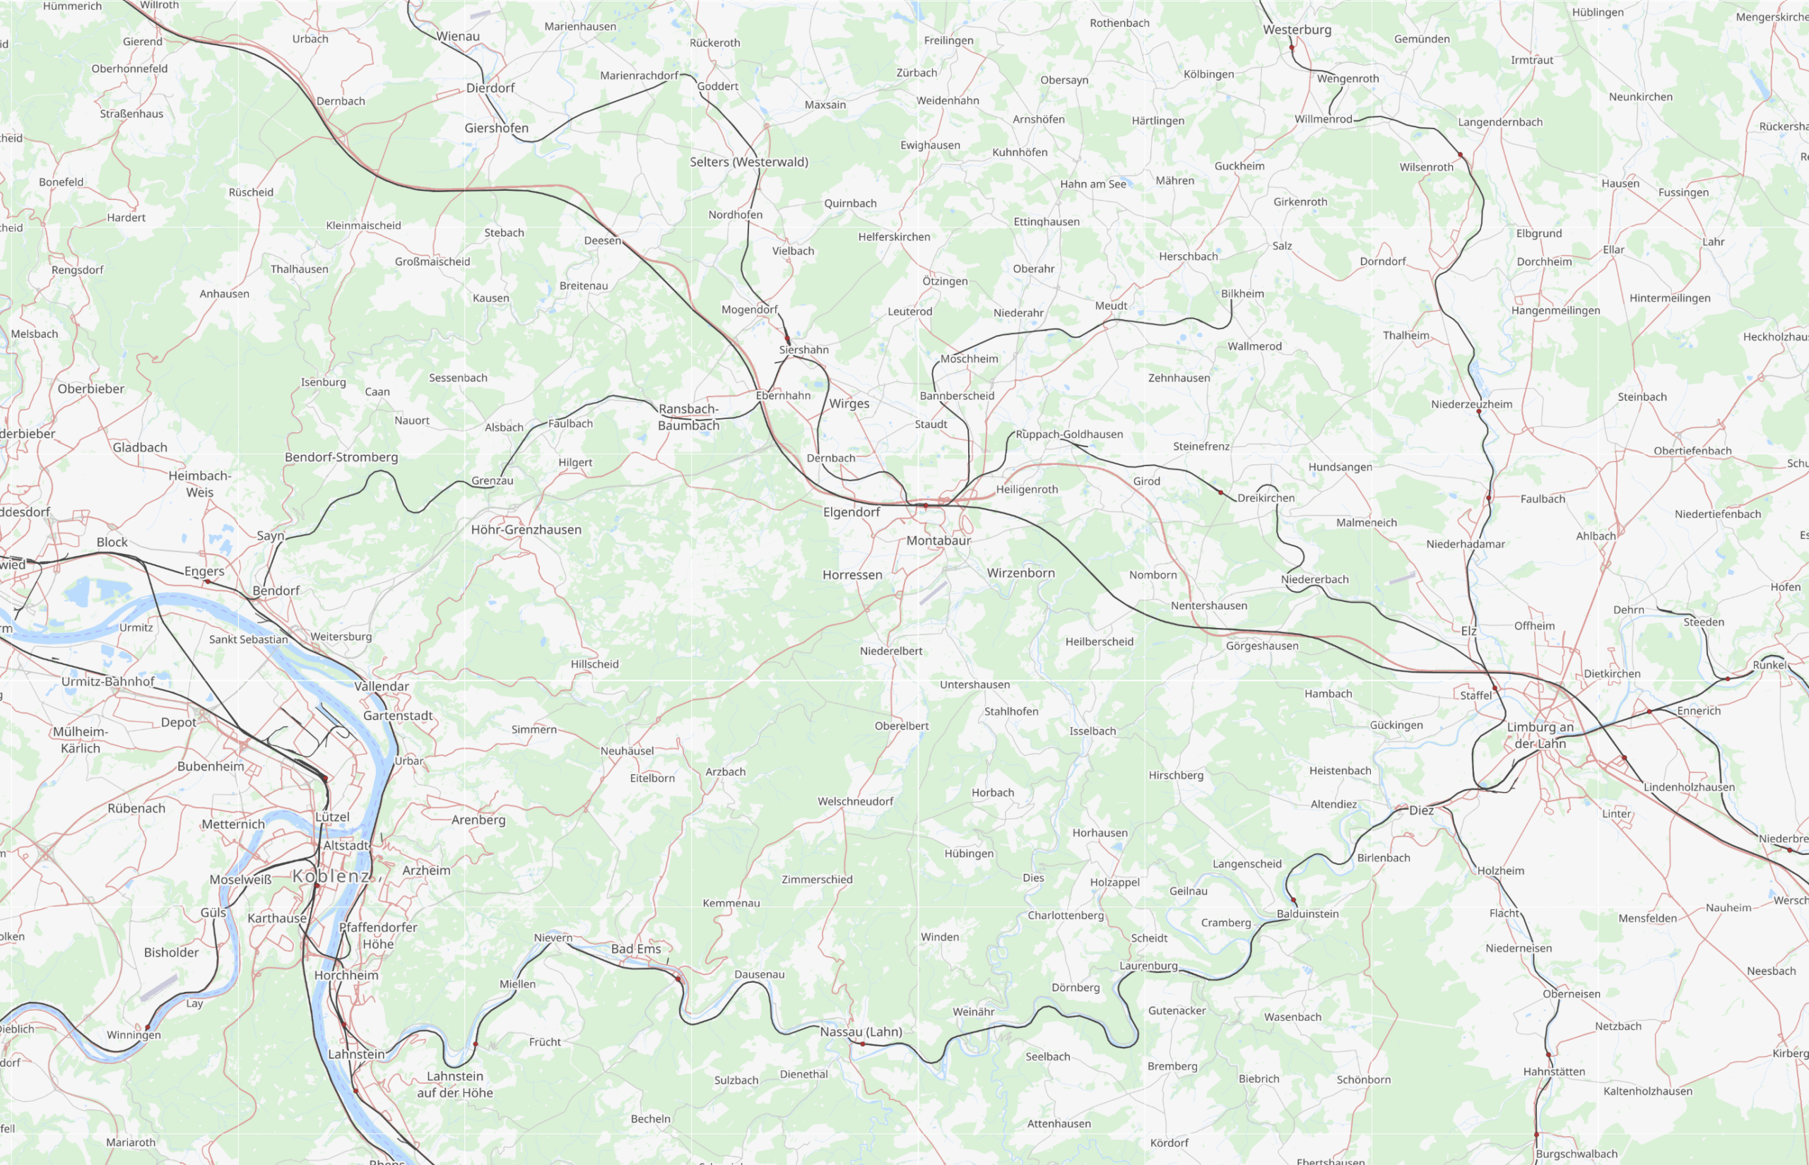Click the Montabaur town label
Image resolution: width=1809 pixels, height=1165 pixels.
(938, 540)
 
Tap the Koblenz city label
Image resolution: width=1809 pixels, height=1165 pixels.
(332, 876)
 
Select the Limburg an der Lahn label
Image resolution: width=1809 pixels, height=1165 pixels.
(1540, 735)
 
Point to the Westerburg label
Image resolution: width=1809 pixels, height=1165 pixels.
(1297, 30)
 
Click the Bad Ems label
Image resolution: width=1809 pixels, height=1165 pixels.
(635, 949)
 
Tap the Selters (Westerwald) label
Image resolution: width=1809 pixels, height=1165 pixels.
(748, 162)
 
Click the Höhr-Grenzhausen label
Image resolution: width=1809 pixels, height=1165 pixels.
(526, 530)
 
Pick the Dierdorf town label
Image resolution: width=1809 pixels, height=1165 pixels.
(490, 88)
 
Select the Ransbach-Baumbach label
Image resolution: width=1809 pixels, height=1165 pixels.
(688, 417)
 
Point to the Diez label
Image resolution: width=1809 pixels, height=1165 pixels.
(1421, 810)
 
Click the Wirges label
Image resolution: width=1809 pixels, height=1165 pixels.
(849, 403)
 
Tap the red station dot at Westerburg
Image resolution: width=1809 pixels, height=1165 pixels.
(1292, 47)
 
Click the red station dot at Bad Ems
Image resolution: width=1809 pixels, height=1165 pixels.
(678, 979)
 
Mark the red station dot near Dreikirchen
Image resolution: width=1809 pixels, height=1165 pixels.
(1220, 492)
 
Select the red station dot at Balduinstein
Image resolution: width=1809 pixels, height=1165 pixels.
(1293, 900)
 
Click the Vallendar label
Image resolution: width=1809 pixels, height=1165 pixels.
(382, 686)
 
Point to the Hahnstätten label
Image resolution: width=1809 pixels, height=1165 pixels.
(1554, 1071)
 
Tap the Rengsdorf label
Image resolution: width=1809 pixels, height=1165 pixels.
(77, 270)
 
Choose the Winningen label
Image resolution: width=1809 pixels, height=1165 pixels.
(134, 1035)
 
